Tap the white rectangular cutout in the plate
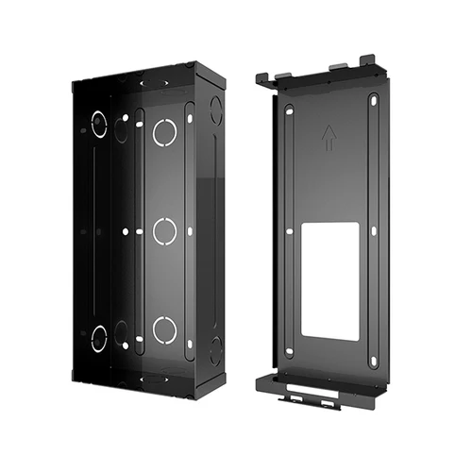point(330,280)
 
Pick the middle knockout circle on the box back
point(164,230)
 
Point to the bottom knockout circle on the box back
point(164,329)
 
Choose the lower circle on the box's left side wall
point(99,337)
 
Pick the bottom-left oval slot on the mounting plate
point(289,352)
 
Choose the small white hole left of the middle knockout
point(125,229)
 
